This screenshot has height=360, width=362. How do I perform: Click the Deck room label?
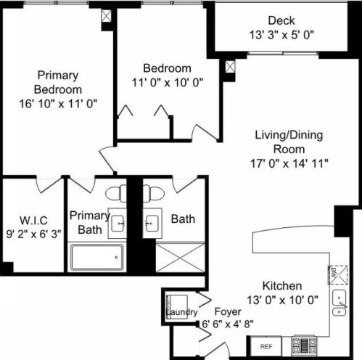pyautogui.click(x=281, y=20)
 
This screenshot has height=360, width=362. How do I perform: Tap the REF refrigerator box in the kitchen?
pyautogui.click(x=266, y=346)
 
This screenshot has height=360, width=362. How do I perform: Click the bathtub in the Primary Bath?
pyautogui.click(x=96, y=257)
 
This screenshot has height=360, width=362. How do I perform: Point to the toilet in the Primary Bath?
pyautogui.click(x=116, y=193)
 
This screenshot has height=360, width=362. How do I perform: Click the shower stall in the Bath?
pyautogui.click(x=180, y=258)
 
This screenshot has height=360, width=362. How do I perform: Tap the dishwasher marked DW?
pyautogui.click(x=338, y=275)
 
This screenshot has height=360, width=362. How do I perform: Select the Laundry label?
pyautogui.click(x=181, y=312)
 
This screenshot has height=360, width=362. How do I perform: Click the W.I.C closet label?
pyautogui.click(x=33, y=220)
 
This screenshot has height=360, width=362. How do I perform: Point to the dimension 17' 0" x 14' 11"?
pyautogui.click(x=289, y=163)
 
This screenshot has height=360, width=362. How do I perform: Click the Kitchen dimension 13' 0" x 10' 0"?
pyautogui.click(x=282, y=300)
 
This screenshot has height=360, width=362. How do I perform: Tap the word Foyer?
pyautogui.click(x=228, y=311)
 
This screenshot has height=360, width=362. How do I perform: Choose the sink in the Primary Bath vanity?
pyautogui.click(x=118, y=224)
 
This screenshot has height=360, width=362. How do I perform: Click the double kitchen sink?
pyautogui.click(x=340, y=303)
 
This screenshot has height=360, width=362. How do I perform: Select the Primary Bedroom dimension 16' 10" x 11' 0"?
pyautogui.click(x=58, y=104)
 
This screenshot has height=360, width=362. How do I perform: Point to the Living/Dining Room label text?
pyautogui.click(x=289, y=142)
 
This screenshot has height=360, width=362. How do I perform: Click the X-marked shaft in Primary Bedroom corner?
pyautogui.click(x=106, y=16)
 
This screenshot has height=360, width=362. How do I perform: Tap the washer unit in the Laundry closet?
pyautogui.click(x=177, y=307)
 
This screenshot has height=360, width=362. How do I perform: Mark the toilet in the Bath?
pyautogui.click(x=154, y=193)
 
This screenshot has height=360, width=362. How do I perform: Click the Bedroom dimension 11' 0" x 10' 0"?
pyautogui.click(x=168, y=83)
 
